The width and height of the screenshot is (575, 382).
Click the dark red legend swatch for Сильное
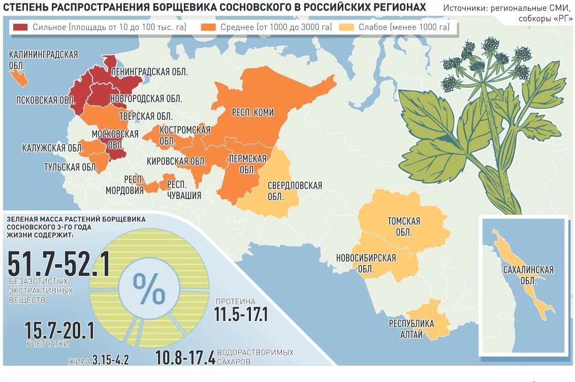(20, 27)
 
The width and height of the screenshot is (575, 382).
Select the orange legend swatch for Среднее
(208, 27)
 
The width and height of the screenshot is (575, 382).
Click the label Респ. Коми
(252, 112)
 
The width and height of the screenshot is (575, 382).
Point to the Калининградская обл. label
(43, 60)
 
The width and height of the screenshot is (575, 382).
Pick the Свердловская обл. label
(295, 191)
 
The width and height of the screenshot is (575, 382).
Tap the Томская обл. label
(404, 227)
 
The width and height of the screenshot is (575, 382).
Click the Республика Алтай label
(411, 329)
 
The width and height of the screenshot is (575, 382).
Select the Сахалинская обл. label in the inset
(528, 275)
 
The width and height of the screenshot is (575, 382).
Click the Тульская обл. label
(71, 167)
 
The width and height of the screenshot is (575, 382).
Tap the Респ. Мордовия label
(125, 185)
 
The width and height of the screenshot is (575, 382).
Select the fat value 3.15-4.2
(111, 361)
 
